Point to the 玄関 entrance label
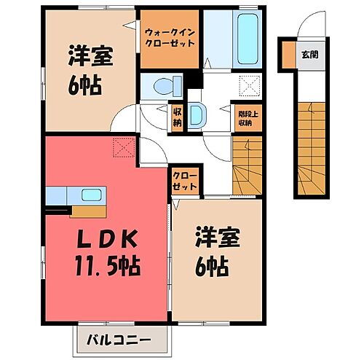pos(309,55)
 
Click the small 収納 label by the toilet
pos(178,115)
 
